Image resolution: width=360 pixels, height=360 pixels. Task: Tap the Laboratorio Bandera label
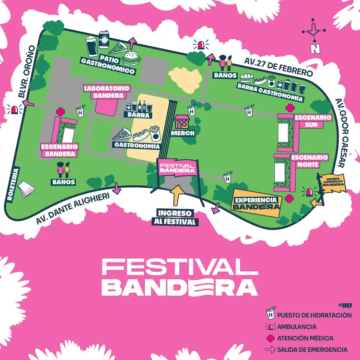[106, 92]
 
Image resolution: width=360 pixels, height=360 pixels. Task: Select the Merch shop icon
[182, 123]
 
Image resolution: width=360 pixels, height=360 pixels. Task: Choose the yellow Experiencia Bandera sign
[256, 203]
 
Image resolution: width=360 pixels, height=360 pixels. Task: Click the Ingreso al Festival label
[177, 217]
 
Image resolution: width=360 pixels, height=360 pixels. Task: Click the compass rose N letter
[314, 48]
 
